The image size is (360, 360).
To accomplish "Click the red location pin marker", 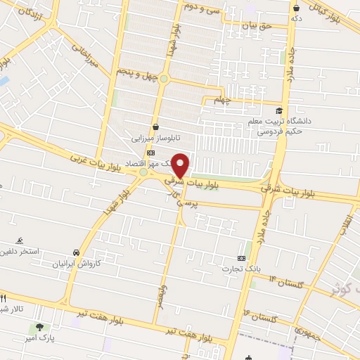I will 181,165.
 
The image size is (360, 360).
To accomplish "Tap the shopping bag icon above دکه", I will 296,7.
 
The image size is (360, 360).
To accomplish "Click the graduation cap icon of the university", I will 280,110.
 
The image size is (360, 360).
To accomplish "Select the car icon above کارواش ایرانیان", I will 75,252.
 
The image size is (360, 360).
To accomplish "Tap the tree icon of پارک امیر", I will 40,327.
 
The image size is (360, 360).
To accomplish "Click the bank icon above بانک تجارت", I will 242,258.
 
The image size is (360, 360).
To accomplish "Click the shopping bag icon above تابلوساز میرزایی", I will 155,127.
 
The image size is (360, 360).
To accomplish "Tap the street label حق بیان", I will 257,26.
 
